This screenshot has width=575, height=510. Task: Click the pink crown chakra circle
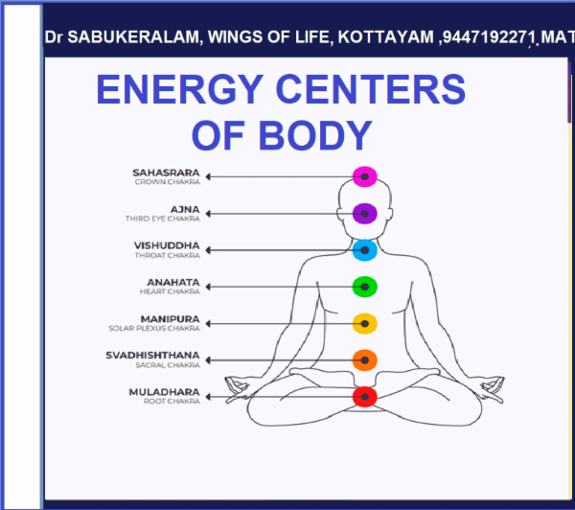tap(363, 176)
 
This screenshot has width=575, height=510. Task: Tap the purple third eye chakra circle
tap(363, 213)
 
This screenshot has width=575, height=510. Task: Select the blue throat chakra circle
tap(363, 250)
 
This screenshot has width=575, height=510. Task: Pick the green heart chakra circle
tap(363, 286)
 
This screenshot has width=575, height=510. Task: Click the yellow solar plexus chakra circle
tap(363, 323)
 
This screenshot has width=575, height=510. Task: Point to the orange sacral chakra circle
tap(363, 360)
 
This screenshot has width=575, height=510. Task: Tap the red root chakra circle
tap(363, 396)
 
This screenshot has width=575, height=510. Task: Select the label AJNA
tap(185, 209)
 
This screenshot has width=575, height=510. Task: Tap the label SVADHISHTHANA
tap(153, 356)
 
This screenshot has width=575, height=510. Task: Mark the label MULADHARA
tap(164, 391)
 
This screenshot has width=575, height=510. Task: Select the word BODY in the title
tap(321, 135)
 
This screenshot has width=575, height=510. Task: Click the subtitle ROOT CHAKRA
tap(174, 402)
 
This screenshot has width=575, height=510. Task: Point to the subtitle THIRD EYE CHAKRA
tap(162, 220)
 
